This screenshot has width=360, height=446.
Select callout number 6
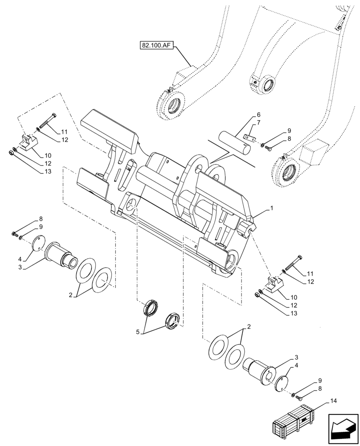pyautogui.click(x=258, y=115)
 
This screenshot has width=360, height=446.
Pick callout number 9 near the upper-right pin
pyautogui.click(x=289, y=130)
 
